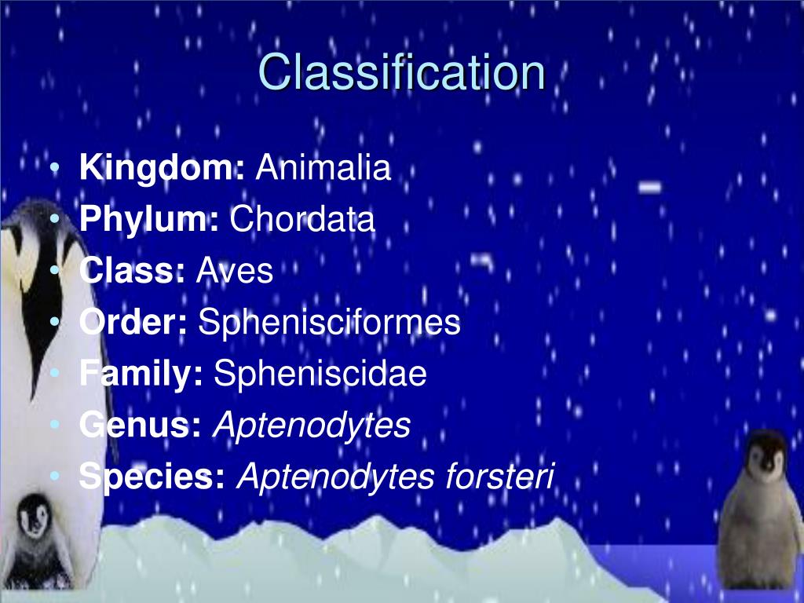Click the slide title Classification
401,72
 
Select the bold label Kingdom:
163,168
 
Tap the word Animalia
323,168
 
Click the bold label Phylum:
149,220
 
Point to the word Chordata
302,220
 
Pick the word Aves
234,271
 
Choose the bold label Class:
132,271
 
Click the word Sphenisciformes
329,323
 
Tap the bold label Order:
133,323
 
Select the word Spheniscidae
320,374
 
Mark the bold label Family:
141,374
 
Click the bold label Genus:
141,425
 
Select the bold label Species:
152,477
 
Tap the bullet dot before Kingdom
54,169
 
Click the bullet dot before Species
54,477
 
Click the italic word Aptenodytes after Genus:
312,425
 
